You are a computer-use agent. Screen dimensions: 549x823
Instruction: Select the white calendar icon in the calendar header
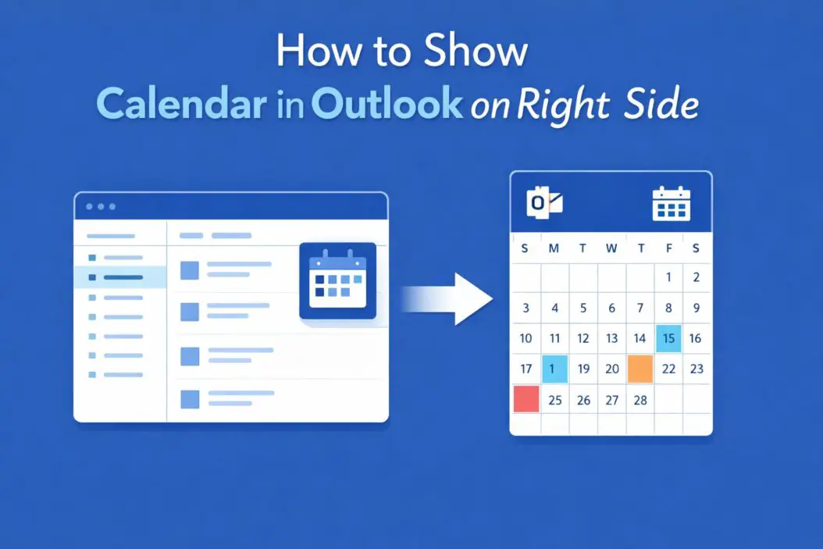click(x=671, y=203)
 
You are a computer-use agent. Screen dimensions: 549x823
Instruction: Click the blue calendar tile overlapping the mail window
click(x=337, y=280)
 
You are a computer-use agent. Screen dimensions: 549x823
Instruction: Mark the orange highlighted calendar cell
click(x=640, y=369)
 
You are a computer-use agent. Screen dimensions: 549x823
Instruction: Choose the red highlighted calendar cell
click(x=526, y=399)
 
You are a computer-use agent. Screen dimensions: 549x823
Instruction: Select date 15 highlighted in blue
click(x=668, y=338)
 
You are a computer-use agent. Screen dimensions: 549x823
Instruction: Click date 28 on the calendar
click(x=640, y=400)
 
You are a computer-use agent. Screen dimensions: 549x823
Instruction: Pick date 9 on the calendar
click(x=697, y=308)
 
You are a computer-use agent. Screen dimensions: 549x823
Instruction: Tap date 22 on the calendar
click(x=668, y=369)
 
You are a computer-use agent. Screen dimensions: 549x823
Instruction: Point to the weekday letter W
click(x=611, y=248)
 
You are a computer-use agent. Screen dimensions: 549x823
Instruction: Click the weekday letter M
click(x=554, y=248)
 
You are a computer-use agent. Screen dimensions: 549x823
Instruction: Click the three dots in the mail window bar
click(x=101, y=206)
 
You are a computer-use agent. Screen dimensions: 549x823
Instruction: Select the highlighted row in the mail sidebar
click(x=120, y=277)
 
